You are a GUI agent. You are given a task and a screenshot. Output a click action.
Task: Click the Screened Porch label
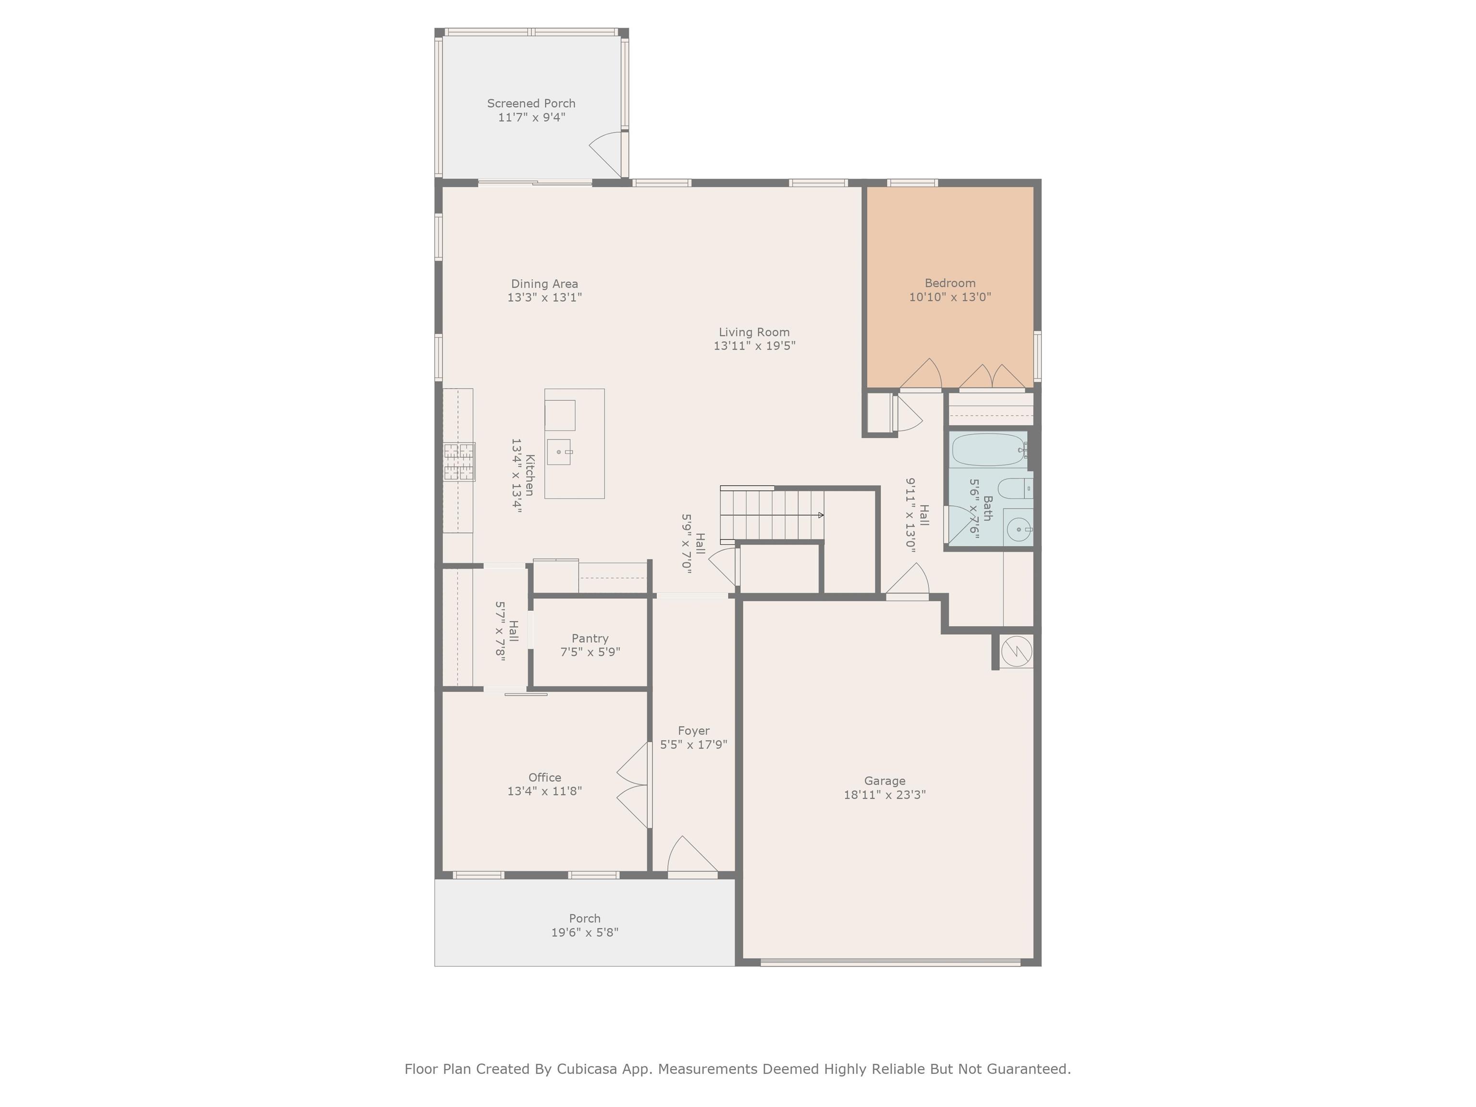coord(531,103)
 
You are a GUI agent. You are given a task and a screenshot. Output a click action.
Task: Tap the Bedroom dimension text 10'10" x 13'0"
coord(950,297)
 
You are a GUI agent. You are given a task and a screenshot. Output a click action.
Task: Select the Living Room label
coord(754,332)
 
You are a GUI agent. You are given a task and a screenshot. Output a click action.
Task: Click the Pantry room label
coord(590,639)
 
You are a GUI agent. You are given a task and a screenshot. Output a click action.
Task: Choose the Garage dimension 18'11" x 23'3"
coord(885,795)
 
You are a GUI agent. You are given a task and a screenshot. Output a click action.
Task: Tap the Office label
coord(544,777)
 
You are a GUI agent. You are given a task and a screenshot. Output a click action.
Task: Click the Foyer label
coord(693,731)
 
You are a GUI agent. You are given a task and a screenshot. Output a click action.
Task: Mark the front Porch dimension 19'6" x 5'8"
coord(585,932)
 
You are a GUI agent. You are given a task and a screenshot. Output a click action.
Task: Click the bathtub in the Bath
coord(989,450)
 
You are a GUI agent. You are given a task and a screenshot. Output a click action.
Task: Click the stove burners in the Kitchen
coord(460,462)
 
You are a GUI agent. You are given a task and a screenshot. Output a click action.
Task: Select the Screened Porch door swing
coord(606,155)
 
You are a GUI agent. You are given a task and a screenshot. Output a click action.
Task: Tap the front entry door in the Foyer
coord(692,855)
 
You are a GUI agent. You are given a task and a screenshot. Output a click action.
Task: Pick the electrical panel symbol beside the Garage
coord(1016,651)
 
